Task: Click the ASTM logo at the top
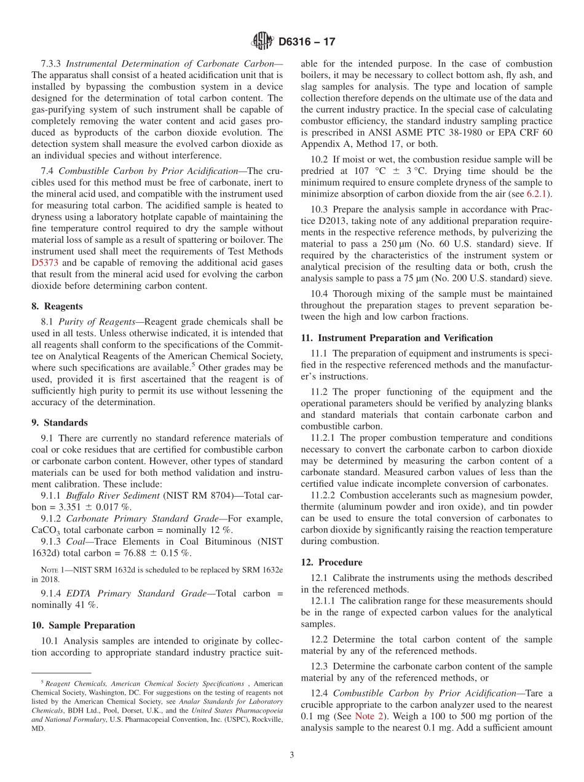coord(262,42)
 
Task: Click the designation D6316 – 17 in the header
coord(307,42)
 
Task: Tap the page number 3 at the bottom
coord(292,755)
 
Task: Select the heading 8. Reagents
coord(57,306)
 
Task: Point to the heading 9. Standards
coord(59,422)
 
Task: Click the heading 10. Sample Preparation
coord(83,625)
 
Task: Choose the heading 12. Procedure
coord(331,563)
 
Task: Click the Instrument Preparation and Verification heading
coord(397,338)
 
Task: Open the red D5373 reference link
coord(45,263)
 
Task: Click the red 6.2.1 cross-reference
coord(538,194)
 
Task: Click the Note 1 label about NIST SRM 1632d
coord(44,570)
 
